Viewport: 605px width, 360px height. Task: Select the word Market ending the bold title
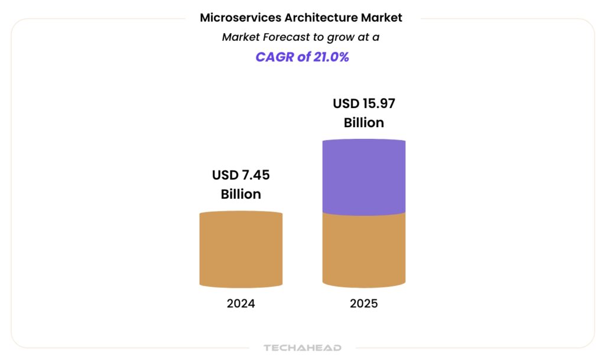382,18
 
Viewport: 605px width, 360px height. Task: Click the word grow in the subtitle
337,37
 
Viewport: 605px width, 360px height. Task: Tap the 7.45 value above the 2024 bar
255,175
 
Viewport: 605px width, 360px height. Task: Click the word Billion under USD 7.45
241,194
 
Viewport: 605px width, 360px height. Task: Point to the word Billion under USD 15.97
364,123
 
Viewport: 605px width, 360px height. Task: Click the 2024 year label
241,304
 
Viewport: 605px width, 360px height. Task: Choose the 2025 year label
364,304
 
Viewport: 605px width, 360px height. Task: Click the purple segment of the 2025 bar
364,176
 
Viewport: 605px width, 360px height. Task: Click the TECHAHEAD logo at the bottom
302,348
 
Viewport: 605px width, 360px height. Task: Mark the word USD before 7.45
226,175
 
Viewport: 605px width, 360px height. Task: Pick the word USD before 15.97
347,104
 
